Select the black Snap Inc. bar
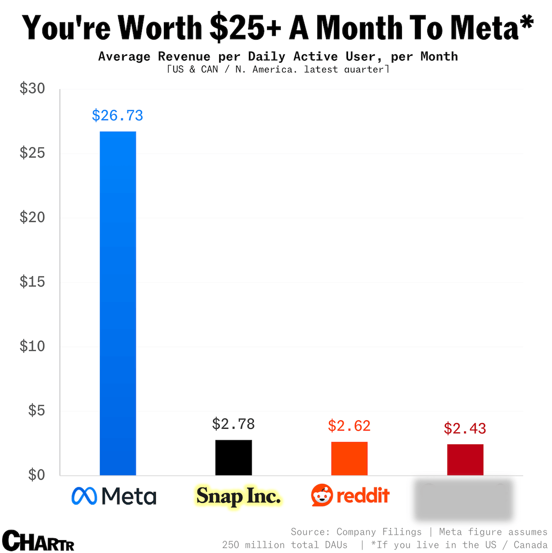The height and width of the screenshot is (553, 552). coord(233,457)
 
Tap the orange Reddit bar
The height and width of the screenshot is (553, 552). coord(349,458)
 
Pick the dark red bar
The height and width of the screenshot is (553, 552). coord(465,460)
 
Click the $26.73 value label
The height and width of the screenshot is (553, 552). coord(117,115)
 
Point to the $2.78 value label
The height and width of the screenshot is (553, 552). coord(233,424)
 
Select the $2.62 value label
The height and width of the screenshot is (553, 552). coord(349,425)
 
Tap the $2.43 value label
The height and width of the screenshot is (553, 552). coord(465,428)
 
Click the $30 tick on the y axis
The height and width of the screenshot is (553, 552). coord(32,88)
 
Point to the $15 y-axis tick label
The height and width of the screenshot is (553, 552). coord(32,282)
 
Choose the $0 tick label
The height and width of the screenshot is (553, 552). coord(36,475)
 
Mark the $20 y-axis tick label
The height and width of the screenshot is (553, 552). coord(32,217)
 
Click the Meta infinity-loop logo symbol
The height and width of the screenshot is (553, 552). coord(84,496)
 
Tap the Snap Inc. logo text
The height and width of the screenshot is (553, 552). coord(238,496)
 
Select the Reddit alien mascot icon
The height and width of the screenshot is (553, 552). coord(322,495)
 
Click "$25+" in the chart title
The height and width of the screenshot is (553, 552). coord(245,28)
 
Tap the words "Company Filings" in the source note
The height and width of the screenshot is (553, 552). coord(379,532)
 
